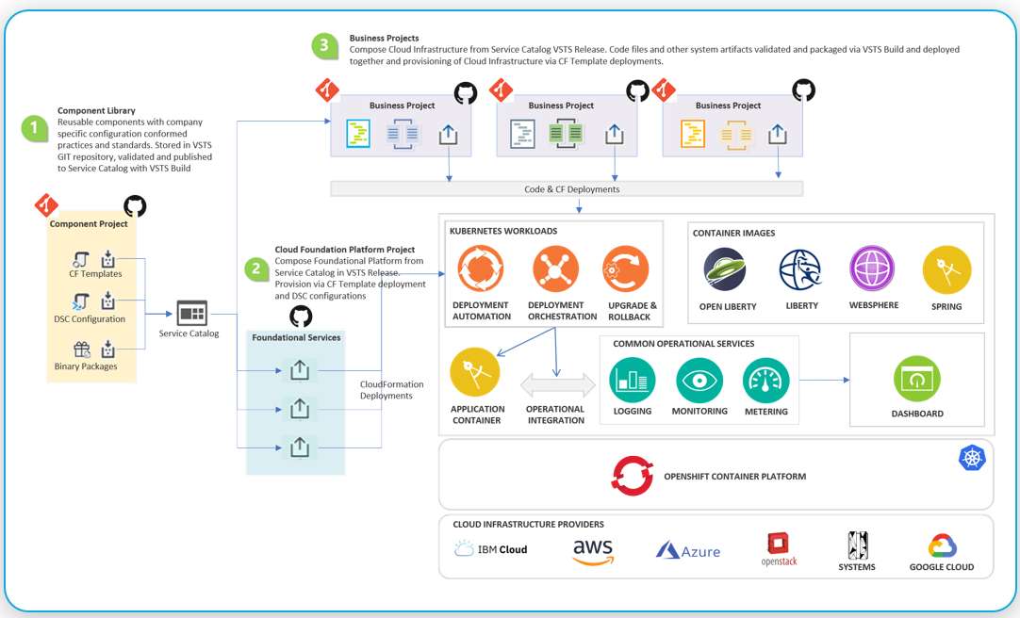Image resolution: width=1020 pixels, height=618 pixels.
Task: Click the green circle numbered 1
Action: tap(35, 128)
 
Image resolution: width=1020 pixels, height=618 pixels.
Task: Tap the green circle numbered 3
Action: tap(325, 46)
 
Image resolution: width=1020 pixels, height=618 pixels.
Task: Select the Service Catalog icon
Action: tap(191, 313)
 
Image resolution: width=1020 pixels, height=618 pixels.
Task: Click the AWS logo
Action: tap(593, 551)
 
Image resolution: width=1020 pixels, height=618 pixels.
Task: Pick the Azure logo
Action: tap(688, 551)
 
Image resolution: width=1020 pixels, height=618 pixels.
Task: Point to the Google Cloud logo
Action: tap(942, 545)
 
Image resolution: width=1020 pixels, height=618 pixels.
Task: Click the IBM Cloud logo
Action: tap(491, 549)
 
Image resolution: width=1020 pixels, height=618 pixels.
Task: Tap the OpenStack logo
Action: tap(778, 545)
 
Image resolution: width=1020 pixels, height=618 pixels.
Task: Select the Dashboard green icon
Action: tap(916, 380)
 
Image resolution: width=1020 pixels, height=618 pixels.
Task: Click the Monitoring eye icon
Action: tap(699, 381)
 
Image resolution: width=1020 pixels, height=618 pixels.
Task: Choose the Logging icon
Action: tap(632, 381)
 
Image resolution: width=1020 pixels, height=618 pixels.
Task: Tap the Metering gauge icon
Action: tap(765, 381)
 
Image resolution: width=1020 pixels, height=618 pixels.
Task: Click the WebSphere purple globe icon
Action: tap(873, 269)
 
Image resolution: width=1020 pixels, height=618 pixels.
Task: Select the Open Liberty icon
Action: tap(725, 270)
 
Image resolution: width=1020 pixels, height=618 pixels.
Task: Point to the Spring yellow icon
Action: tap(946, 270)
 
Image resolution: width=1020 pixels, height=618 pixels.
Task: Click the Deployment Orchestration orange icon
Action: tap(555, 269)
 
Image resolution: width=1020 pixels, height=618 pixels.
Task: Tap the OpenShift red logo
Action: tap(633, 476)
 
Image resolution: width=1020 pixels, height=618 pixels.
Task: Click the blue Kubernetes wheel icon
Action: tap(972, 458)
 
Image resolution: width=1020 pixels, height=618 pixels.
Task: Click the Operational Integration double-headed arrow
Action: tap(557, 385)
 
